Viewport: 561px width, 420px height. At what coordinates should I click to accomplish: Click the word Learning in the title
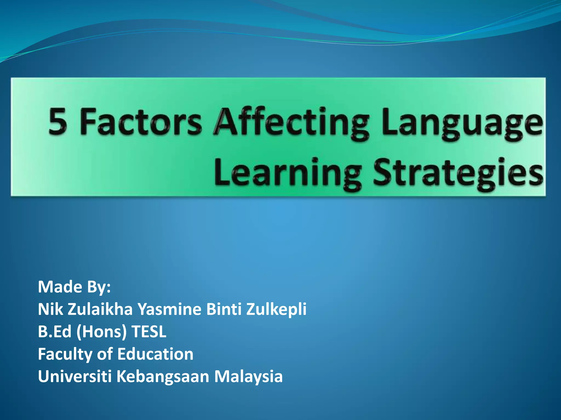288,174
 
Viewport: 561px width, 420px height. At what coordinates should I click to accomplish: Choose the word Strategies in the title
458,174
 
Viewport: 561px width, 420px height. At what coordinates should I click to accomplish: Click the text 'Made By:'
74,287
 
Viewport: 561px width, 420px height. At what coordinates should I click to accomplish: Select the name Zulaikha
100,309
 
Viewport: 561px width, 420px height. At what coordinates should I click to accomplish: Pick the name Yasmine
169,309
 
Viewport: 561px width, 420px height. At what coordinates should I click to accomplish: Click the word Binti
224,309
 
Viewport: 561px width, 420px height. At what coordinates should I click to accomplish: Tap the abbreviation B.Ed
55,332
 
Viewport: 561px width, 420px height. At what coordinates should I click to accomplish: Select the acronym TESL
149,332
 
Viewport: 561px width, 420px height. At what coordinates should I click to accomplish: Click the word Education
155,354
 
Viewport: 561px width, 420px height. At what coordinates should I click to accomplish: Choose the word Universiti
75,377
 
